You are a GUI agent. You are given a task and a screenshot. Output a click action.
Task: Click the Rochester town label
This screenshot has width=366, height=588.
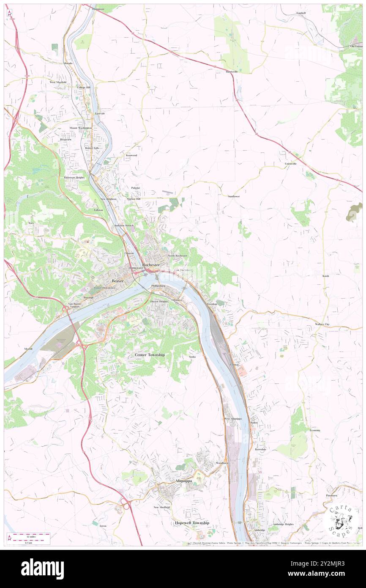tap(151, 265)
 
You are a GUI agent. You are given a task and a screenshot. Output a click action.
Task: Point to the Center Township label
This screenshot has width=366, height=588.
tap(150, 354)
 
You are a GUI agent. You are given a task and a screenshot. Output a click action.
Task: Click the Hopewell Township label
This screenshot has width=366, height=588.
tap(192, 523)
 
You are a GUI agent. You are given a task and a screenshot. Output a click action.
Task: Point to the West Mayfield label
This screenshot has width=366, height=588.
tap(58, 82)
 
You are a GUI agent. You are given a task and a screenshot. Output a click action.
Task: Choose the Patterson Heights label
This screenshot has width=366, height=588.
tap(74, 178)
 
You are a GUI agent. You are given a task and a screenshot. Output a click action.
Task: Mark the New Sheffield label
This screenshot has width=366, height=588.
tap(161, 507)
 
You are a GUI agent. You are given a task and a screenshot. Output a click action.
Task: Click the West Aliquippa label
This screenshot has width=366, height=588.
tap(233, 419)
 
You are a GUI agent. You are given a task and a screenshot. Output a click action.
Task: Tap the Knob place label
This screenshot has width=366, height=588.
tap(325, 276)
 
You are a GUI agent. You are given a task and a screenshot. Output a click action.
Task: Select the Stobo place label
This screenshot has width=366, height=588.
tap(192, 357)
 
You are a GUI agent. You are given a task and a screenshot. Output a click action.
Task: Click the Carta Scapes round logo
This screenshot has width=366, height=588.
tap(341, 519)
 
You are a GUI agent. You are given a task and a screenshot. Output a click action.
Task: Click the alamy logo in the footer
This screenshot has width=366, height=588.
tap(42, 569)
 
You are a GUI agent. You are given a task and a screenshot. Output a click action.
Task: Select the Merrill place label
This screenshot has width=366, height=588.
tap(28, 348)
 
